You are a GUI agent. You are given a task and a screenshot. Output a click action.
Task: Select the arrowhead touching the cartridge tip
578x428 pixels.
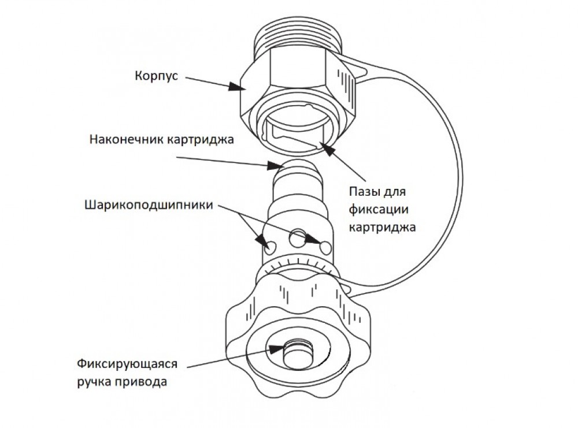pos(273,168)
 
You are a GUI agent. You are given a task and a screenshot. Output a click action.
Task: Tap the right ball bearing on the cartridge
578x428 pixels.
pos(325,247)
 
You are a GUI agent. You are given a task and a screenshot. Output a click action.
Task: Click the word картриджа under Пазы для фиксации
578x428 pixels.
pos(382,227)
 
